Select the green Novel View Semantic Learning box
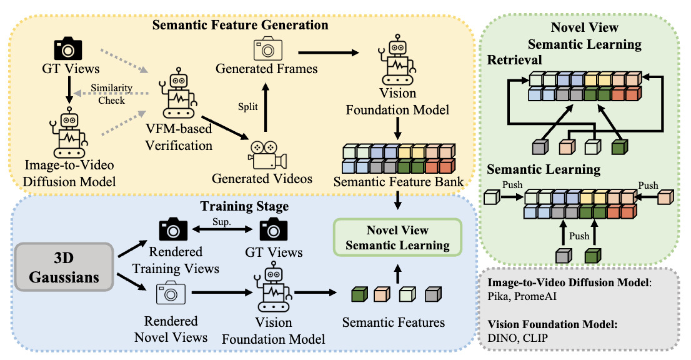tap(397, 237)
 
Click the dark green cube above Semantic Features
tap(359, 294)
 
